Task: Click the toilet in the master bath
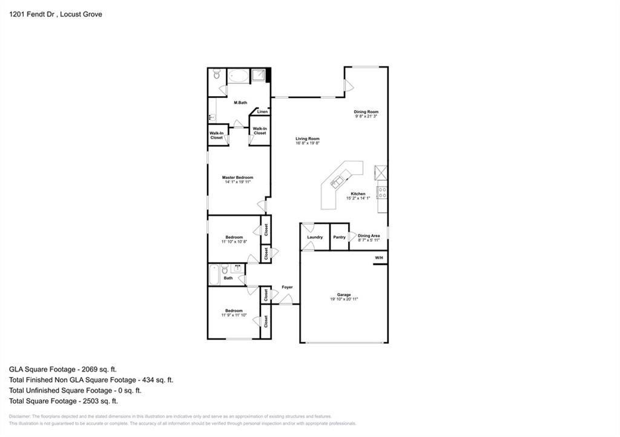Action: click(217, 75)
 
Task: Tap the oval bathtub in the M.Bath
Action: click(239, 76)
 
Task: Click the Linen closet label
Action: click(262, 112)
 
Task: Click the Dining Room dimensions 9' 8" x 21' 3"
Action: click(366, 116)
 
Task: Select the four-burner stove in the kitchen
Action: click(382, 193)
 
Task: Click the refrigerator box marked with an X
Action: click(381, 172)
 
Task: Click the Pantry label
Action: click(339, 237)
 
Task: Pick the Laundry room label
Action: click(315, 237)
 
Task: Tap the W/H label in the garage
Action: click(379, 258)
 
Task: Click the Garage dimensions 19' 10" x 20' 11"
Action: click(344, 299)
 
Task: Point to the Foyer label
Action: click(287, 287)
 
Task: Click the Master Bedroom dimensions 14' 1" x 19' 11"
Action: click(237, 181)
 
